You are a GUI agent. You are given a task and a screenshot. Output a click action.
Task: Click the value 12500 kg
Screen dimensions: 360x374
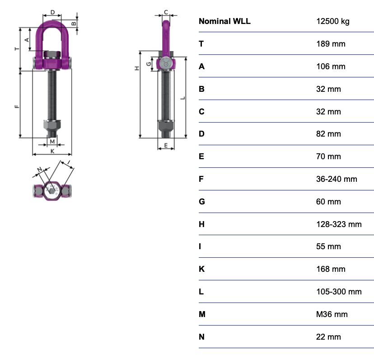coord(332,21)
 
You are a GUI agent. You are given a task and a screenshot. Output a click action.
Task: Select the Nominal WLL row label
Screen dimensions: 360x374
coord(224,21)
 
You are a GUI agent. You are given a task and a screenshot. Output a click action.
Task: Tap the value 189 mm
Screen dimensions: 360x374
coord(331,44)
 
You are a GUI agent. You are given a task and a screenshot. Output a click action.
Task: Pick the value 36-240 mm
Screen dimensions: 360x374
coord(337,179)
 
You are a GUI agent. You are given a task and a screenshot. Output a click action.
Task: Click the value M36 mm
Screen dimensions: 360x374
coord(332,314)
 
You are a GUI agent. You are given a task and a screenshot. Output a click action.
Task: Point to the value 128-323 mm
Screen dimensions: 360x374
coord(339,224)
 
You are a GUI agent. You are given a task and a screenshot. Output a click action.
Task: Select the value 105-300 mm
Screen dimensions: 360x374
coord(339,292)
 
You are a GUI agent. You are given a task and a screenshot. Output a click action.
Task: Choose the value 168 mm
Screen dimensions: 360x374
coord(331,269)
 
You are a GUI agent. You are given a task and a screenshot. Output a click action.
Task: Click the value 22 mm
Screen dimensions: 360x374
coord(328,336)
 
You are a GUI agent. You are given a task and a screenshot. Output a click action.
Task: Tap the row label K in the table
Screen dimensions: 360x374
coord(201,269)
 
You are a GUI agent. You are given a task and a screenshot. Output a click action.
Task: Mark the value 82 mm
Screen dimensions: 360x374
coord(328,134)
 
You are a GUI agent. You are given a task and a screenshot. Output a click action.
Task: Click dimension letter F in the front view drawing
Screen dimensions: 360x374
coord(17,107)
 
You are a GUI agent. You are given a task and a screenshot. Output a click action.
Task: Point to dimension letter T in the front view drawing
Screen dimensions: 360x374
coord(17,48)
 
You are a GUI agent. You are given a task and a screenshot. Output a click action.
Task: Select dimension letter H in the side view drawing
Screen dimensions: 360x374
coord(137,68)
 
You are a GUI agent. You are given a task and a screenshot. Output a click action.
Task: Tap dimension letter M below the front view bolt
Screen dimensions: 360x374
coord(52,142)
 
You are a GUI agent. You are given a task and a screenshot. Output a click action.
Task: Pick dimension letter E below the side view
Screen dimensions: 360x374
coord(166,146)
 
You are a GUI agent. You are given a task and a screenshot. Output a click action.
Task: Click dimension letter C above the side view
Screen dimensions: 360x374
coord(166,12)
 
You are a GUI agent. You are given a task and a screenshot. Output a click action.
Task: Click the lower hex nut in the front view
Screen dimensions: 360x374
coord(52,125)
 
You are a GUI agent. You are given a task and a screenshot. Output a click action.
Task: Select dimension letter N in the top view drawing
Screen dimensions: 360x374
coord(40,170)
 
